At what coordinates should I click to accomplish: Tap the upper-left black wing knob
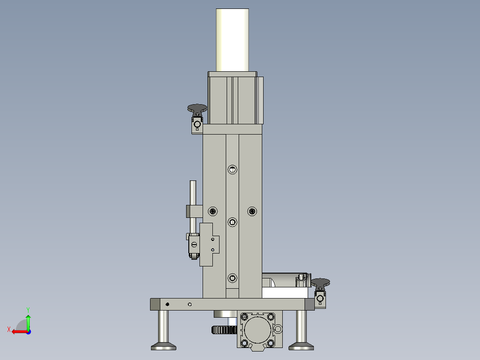point(197,108)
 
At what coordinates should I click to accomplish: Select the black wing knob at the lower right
point(320,282)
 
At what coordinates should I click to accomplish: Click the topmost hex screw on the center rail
point(232,169)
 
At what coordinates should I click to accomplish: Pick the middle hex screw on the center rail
point(232,222)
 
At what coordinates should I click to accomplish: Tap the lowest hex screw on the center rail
point(232,278)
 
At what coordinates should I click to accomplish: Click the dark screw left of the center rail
point(213,210)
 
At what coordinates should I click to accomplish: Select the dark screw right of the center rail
point(252,210)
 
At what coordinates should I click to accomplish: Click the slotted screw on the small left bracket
point(194,244)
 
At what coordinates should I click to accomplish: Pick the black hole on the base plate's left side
point(167,304)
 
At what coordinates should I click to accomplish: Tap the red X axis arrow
point(18,331)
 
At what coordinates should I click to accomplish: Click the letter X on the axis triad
point(8,329)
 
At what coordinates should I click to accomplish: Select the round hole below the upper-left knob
point(197,124)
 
